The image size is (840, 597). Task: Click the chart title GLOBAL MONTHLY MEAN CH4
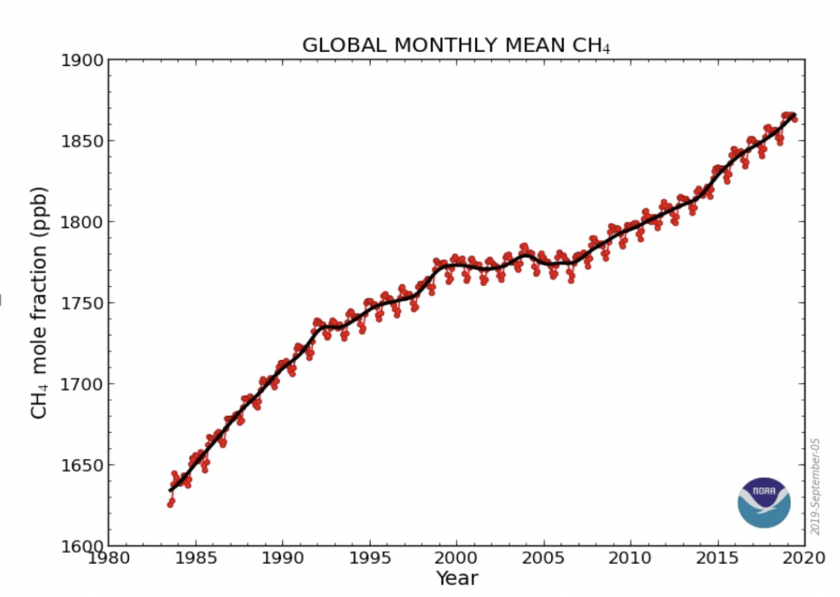456,45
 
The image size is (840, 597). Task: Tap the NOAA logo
764,502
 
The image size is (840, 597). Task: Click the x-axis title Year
457,579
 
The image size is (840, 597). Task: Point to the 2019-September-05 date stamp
815,477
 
